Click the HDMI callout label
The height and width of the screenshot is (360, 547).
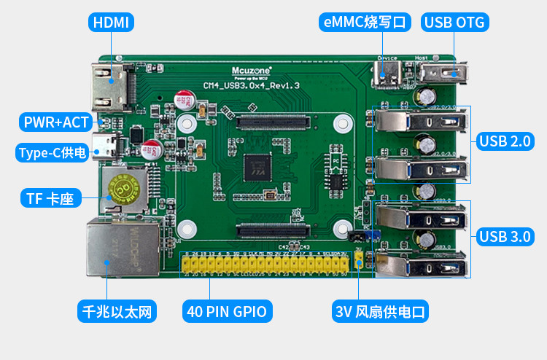coord(111,22)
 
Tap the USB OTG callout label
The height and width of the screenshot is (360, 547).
coord(455,22)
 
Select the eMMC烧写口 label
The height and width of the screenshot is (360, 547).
coord(367,22)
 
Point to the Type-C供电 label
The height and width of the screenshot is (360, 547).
coord(52,152)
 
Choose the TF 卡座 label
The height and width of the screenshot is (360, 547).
coord(50,197)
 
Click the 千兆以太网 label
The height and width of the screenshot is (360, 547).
coord(117,313)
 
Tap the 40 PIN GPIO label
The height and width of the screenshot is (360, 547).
coord(228,313)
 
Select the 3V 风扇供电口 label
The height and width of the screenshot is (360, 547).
coord(380,313)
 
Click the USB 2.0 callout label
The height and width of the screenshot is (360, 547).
coord(504,141)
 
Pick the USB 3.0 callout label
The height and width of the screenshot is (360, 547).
coord(504,236)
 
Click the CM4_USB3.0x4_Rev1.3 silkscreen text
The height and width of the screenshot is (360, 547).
coord(252,86)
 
